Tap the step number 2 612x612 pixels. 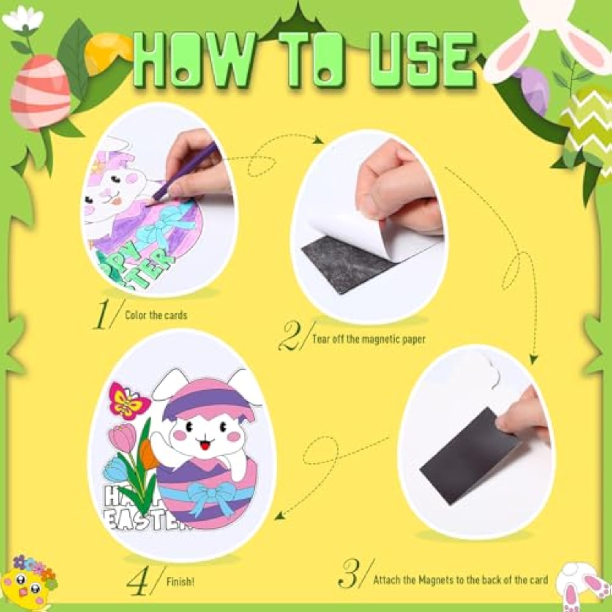point(291,336)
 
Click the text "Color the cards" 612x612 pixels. point(156,315)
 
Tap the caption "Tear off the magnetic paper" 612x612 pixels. point(368,339)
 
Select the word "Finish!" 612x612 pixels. point(180,581)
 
